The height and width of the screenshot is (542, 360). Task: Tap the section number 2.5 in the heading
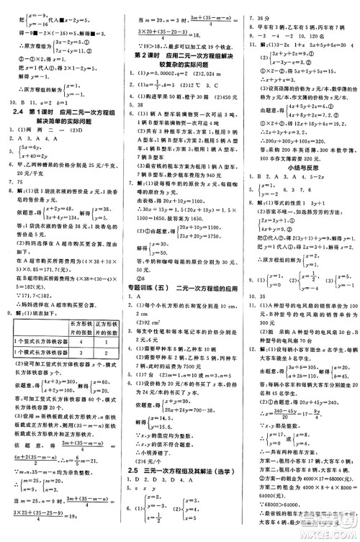coord(135,470)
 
